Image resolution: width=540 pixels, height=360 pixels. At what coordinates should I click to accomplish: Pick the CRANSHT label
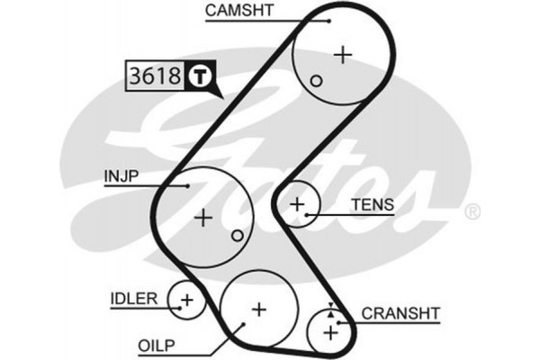[x=400, y=313]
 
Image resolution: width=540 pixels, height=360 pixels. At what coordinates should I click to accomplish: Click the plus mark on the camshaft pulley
[x=342, y=54]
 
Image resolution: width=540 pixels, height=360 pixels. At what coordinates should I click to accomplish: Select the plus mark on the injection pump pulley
[x=204, y=216]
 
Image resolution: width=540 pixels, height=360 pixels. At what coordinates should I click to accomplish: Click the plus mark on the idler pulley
[x=186, y=298]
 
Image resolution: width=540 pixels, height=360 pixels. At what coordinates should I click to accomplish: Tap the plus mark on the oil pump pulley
[x=258, y=310]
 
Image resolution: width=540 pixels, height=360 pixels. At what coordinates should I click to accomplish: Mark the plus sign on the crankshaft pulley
[x=330, y=333]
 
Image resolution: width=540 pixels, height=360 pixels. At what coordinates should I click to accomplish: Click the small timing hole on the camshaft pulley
[x=316, y=81]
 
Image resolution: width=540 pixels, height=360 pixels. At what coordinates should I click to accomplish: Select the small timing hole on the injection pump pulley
[x=237, y=236]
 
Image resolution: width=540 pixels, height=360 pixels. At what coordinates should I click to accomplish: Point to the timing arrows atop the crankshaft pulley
[x=331, y=310]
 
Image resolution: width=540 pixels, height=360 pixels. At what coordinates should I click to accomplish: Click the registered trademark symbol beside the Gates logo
[x=472, y=212]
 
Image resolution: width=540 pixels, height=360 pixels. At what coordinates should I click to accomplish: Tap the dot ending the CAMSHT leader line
[x=329, y=19]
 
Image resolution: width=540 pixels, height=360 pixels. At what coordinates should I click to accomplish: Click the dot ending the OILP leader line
[x=244, y=326]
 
